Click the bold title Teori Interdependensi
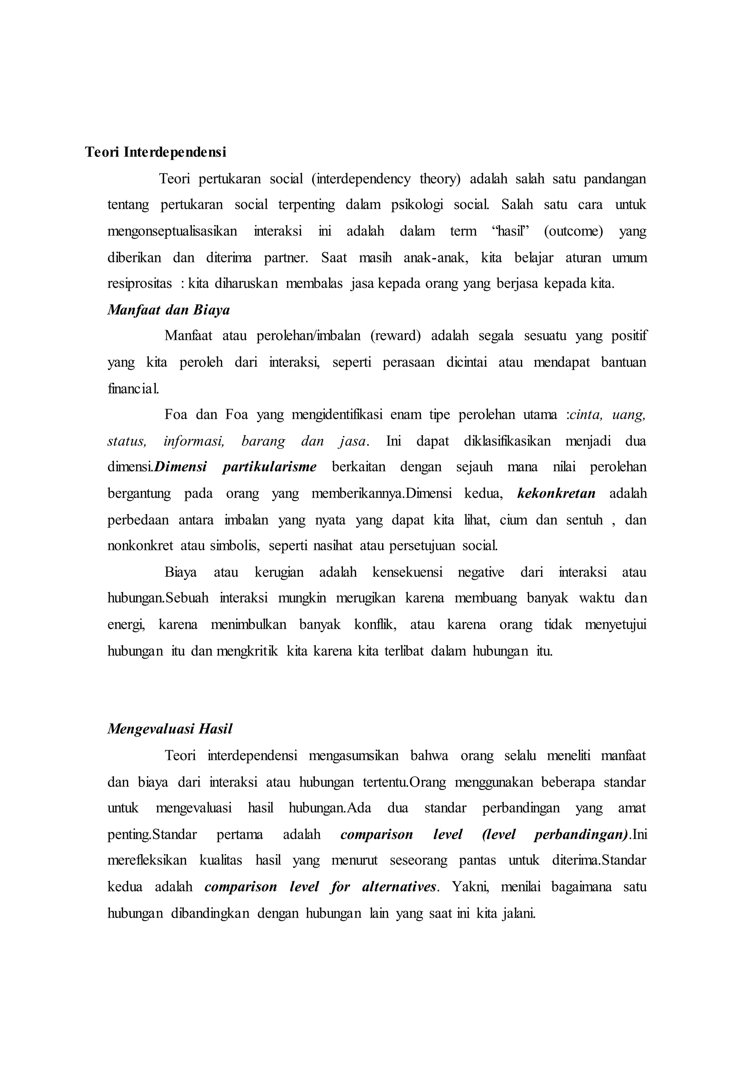(155, 152)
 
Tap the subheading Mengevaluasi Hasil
(169, 729)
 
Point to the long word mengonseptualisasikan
(172, 231)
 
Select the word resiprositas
(139, 284)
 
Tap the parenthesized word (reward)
(395, 336)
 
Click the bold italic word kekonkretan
(556, 494)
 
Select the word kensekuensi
(408, 572)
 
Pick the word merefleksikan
(147, 861)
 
